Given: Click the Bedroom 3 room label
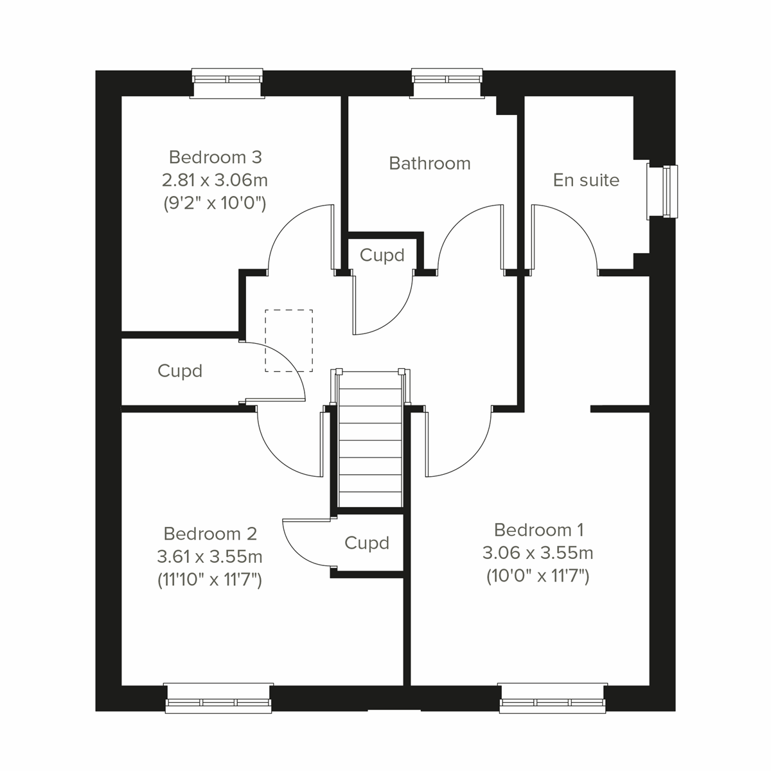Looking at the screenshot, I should pyautogui.click(x=215, y=157).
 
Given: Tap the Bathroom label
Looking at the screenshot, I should pyautogui.click(x=430, y=163).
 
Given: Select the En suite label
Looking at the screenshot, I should pyautogui.click(x=586, y=180).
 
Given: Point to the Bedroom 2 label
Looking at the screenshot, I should pyautogui.click(x=210, y=533).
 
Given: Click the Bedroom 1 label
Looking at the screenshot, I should pyautogui.click(x=538, y=530).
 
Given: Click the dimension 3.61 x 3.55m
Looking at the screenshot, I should pyautogui.click(x=210, y=556).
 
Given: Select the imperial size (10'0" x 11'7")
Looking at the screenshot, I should pyautogui.click(x=538, y=576).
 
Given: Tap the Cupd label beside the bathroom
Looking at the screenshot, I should pyautogui.click(x=382, y=255).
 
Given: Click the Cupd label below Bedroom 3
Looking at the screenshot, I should pyautogui.click(x=180, y=371).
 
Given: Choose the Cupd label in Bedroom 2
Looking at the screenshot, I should pyautogui.click(x=367, y=543).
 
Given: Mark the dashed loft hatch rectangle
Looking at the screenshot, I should pyautogui.click(x=289, y=341).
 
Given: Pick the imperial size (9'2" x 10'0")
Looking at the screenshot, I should pyautogui.click(x=215, y=203).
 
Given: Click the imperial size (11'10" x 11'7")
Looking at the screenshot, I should pyautogui.click(x=210, y=580).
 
